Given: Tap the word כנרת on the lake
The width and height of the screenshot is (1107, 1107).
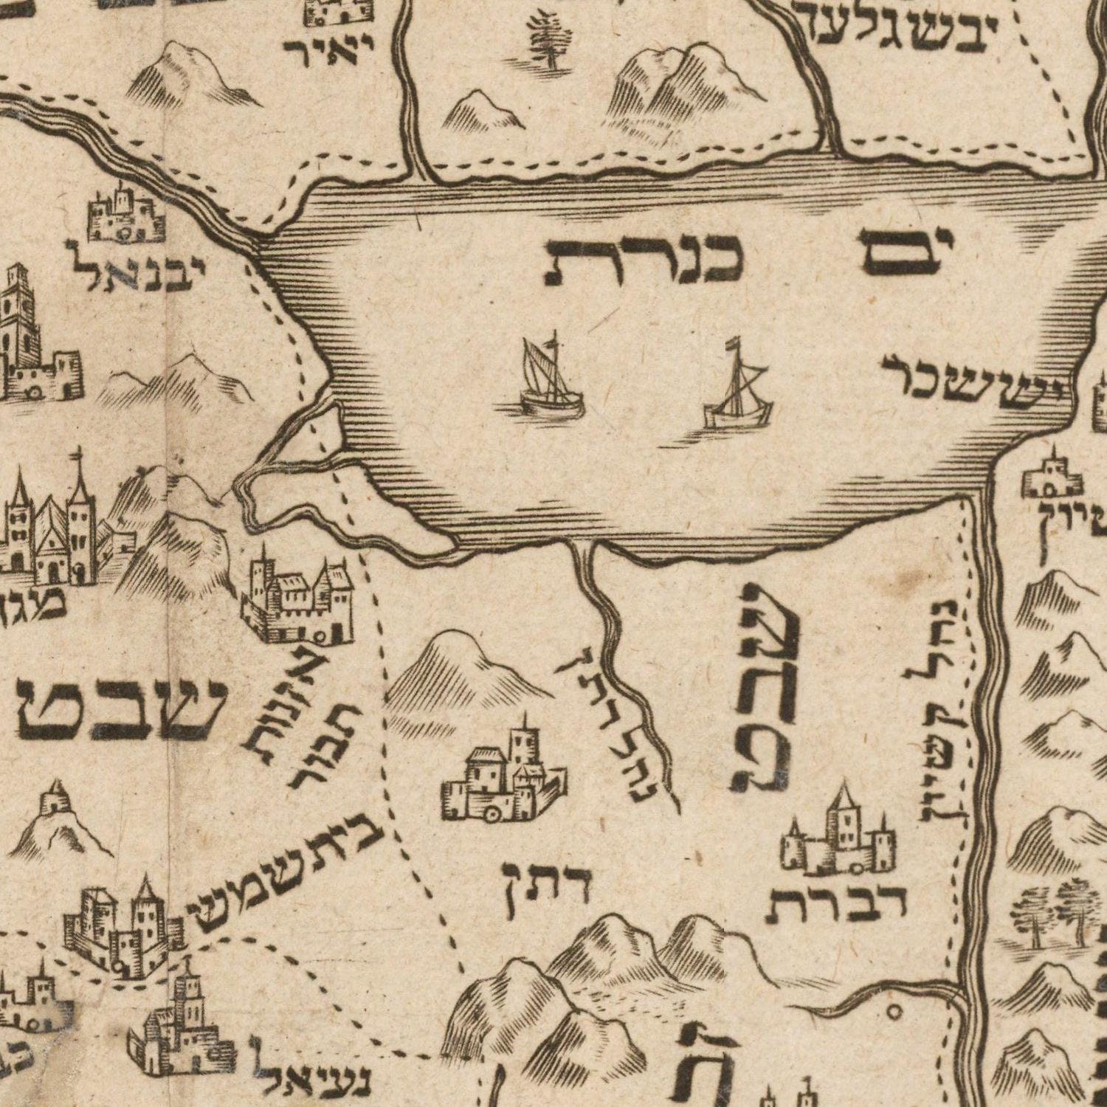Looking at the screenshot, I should coord(642,260).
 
